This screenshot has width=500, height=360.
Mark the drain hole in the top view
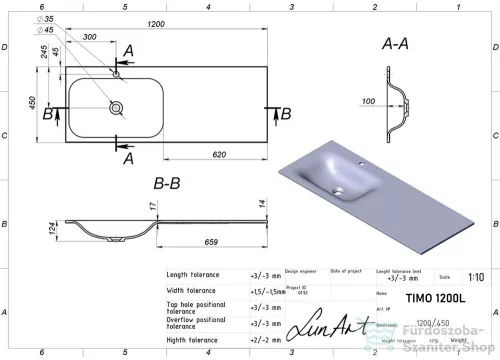tap(117, 105)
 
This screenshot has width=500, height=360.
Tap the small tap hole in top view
tap(117, 72)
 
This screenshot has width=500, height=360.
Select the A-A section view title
tap(396, 45)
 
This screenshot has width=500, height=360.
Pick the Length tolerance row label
tap(195, 274)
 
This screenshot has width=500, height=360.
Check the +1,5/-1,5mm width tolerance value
tap(265, 291)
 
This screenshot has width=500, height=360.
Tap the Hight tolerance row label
tap(193, 340)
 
